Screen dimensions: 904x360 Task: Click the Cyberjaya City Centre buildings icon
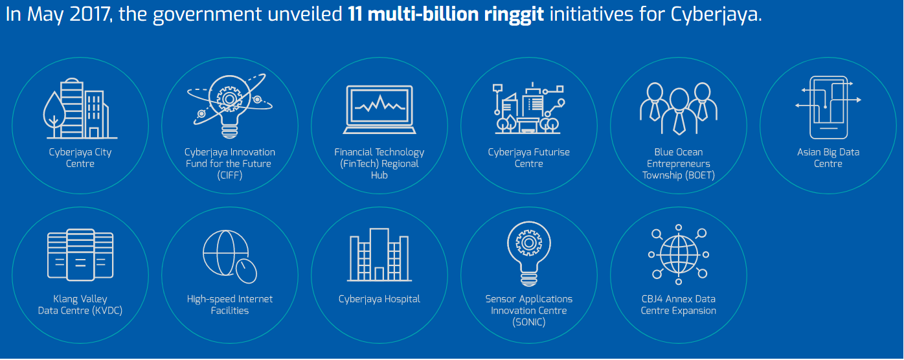click(80, 108)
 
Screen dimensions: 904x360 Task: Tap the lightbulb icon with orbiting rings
click(230, 106)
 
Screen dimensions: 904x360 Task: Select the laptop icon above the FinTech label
click(379, 109)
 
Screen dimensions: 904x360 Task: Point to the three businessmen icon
click(679, 108)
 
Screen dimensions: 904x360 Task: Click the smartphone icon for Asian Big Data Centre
click(828, 107)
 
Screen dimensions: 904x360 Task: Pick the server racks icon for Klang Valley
click(80, 254)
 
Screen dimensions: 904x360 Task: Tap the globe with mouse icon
click(230, 256)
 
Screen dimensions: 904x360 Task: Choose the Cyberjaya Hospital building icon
click(379, 254)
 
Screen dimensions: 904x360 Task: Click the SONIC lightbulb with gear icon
click(528, 253)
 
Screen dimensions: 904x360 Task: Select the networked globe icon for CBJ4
click(679, 254)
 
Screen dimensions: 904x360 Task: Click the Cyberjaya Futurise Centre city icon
click(528, 108)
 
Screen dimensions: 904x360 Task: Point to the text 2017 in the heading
click(89, 14)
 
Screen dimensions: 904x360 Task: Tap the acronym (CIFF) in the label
click(230, 175)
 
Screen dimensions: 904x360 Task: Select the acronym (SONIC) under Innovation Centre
click(528, 322)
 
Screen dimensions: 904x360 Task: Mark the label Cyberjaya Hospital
click(379, 299)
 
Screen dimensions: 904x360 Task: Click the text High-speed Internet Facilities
click(230, 305)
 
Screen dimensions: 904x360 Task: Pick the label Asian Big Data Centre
click(828, 158)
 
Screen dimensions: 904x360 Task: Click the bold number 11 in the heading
click(354, 14)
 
